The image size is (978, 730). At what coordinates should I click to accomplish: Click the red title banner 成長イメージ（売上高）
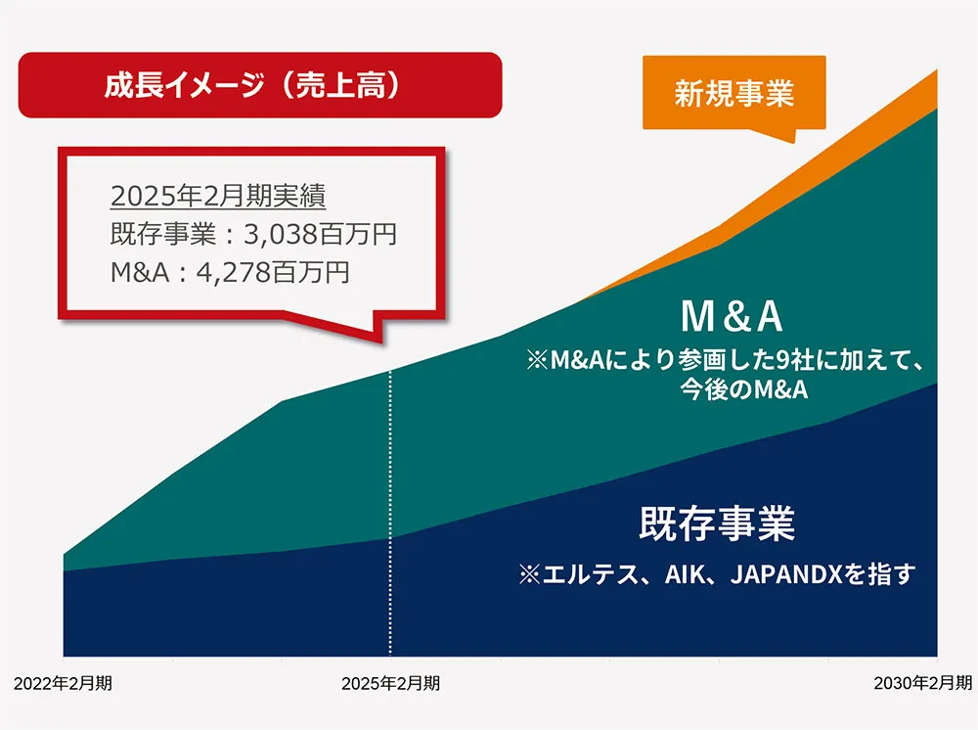tap(259, 85)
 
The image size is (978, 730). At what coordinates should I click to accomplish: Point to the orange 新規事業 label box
tap(733, 93)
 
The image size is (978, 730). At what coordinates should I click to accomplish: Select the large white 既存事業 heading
tap(717, 524)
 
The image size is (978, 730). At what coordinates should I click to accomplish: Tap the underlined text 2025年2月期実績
tap(218, 196)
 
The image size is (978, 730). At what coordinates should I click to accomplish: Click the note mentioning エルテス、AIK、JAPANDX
tap(717, 573)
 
